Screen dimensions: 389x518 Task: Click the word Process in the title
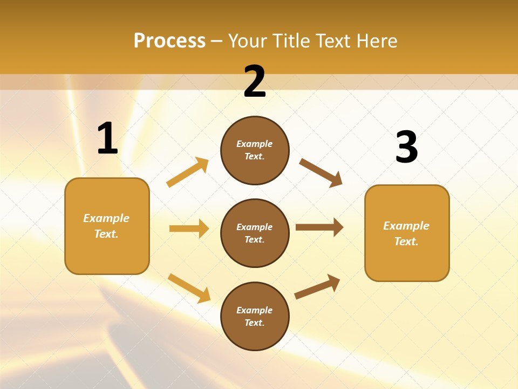point(169,41)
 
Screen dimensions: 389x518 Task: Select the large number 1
point(107,138)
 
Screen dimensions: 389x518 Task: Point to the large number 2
point(255,82)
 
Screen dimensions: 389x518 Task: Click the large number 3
point(406,147)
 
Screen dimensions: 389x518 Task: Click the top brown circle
point(255,150)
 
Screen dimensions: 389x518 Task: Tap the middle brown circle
point(255,233)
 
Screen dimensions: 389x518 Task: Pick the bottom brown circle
point(255,316)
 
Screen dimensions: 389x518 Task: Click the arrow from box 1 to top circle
point(187,172)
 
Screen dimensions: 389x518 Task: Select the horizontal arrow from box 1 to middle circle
point(189,229)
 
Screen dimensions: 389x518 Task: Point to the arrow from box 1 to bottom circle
point(189,288)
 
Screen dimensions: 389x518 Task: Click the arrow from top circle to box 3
point(321,173)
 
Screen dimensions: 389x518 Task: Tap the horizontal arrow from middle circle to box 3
point(319,227)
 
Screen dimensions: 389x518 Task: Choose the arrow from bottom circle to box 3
point(317,287)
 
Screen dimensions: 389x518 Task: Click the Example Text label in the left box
point(106,226)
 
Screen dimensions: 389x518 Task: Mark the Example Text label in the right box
point(406,233)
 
